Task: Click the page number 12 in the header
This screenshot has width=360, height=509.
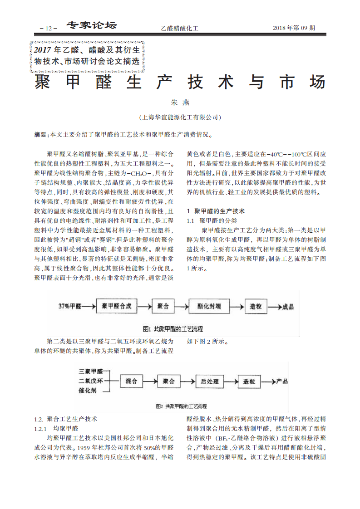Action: (49, 28)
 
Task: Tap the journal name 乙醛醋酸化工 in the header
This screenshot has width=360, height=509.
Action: (180, 28)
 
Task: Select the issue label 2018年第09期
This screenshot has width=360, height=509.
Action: (294, 28)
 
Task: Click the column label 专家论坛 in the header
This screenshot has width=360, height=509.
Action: (92, 26)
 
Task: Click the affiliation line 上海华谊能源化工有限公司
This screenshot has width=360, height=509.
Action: (180, 117)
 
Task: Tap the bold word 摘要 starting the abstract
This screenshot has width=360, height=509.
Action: (40, 135)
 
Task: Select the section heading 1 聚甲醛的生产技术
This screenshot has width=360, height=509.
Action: (216, 211)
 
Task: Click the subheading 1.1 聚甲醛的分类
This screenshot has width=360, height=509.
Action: (212, 220)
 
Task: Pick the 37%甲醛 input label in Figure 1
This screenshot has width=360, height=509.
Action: (70, 306)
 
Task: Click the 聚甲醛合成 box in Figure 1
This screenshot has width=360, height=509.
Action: (117, 306)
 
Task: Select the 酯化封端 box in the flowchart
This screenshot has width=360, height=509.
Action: (209, 306)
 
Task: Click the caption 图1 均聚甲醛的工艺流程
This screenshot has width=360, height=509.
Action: (173, 329)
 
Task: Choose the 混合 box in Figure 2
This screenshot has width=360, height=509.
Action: (132, 381)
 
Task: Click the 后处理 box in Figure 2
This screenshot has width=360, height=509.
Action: (209, 381)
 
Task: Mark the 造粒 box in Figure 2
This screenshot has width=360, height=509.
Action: (249, 381)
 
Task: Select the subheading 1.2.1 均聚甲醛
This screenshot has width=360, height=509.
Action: (57, 428)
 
